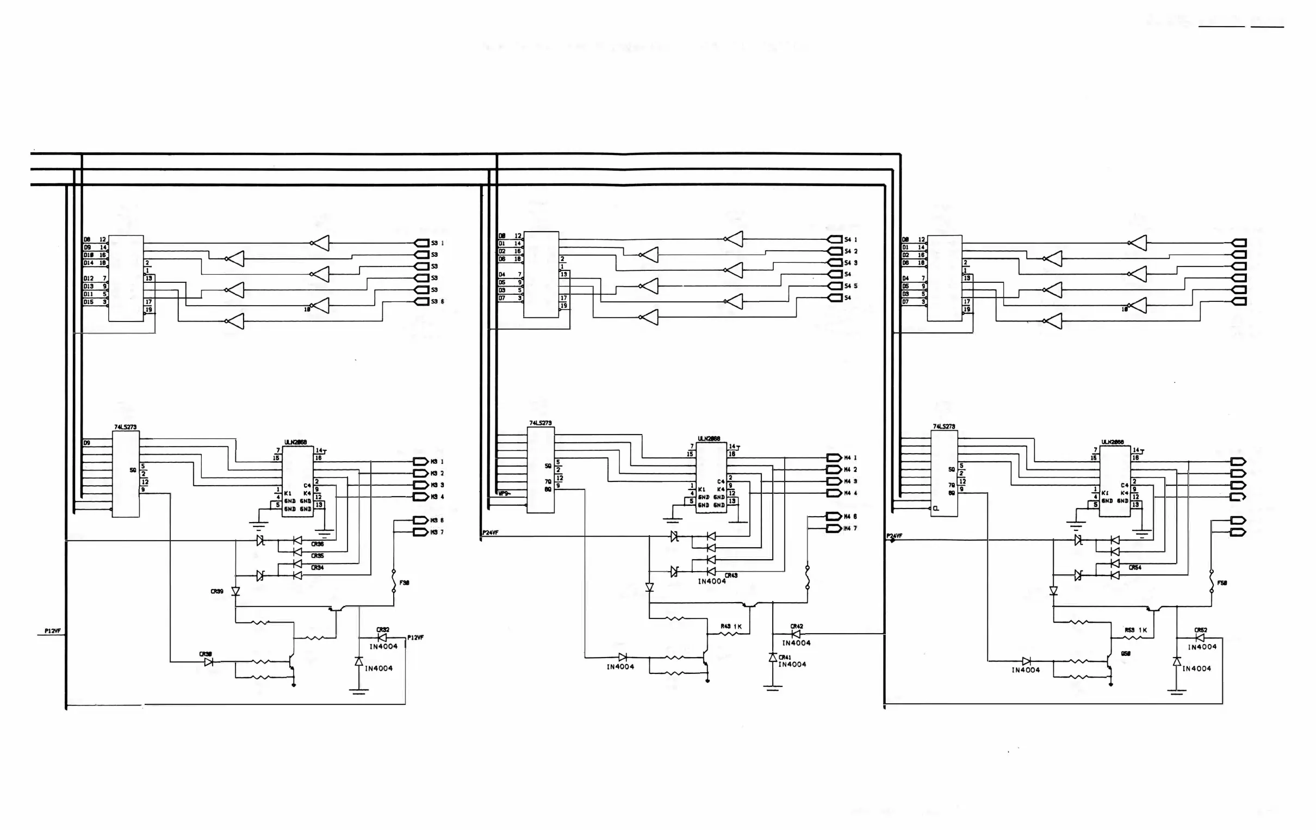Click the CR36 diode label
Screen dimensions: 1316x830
pyautogui.click(x=317, y=544)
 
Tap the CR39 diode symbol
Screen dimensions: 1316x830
pyautogui.click(x=235, y=592)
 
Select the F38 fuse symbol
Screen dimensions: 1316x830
pyautogui.click(x=394, y=581)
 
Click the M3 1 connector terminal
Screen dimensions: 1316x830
pyautogui.click(x=420, y=461)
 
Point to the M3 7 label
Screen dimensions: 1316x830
pyautogui.click(x=437, y=532)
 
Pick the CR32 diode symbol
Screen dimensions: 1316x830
pyautogui.click(x=382, y=637)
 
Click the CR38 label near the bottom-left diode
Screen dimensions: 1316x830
pyautogui.click(x=206, y=654)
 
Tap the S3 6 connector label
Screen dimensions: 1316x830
pyautogui.click(x=437, y=301)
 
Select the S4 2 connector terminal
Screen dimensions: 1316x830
pyautogui.click(x=835, y=251)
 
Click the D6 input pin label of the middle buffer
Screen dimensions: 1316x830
pyautogui.click(x=502, y=258)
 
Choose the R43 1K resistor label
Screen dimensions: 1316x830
pyautogui.click(x=731, y=626)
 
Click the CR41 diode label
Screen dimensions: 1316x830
pyautogui.click(x=785, y=657)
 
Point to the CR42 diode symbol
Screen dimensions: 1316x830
pyautogui.click(x=796, y=634)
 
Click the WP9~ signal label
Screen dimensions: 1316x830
pyautogui.click(x=504, y=493)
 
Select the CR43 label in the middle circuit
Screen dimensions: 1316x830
pyautogui.click(x=731, y=575)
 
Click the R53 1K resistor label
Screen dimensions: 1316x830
pyautogui.click(x=1135, y=630)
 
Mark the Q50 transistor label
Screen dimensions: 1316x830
pyautogui.click(x=1126, y=653)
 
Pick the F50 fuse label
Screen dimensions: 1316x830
pyautogui.click(x=1222, y=583)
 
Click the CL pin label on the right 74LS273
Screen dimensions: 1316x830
pyautogui.click(x=936, y=509)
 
